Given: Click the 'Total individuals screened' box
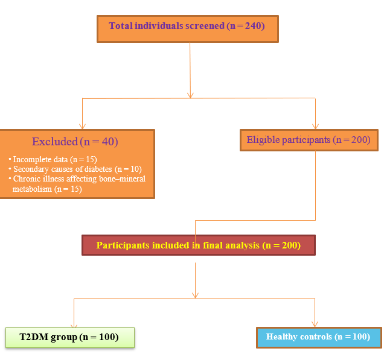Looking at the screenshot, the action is click(188, 29).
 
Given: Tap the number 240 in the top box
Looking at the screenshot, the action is click(254, 26).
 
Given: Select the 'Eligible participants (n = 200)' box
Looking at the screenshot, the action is click(309, 140).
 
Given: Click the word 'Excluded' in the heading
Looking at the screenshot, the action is click(55, 142).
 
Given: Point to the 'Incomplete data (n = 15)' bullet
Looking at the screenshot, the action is click(53, 159).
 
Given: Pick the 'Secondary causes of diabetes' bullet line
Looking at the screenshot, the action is click(75, 169).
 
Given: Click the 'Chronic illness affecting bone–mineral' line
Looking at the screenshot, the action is click(77, 178).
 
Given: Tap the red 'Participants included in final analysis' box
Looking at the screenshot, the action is click(199, 245).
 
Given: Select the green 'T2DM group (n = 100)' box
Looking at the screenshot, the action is click(70, 338).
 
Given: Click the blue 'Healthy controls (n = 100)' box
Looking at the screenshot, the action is click(319, 338).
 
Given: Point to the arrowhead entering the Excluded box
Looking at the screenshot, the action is click(82, 127).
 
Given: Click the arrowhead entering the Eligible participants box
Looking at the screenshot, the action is click(315, 127).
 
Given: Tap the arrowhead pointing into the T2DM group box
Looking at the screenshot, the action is click(74, 325).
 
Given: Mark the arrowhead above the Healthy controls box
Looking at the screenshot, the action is click(315, 324).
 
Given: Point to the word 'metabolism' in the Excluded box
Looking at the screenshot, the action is click(32, 189).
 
